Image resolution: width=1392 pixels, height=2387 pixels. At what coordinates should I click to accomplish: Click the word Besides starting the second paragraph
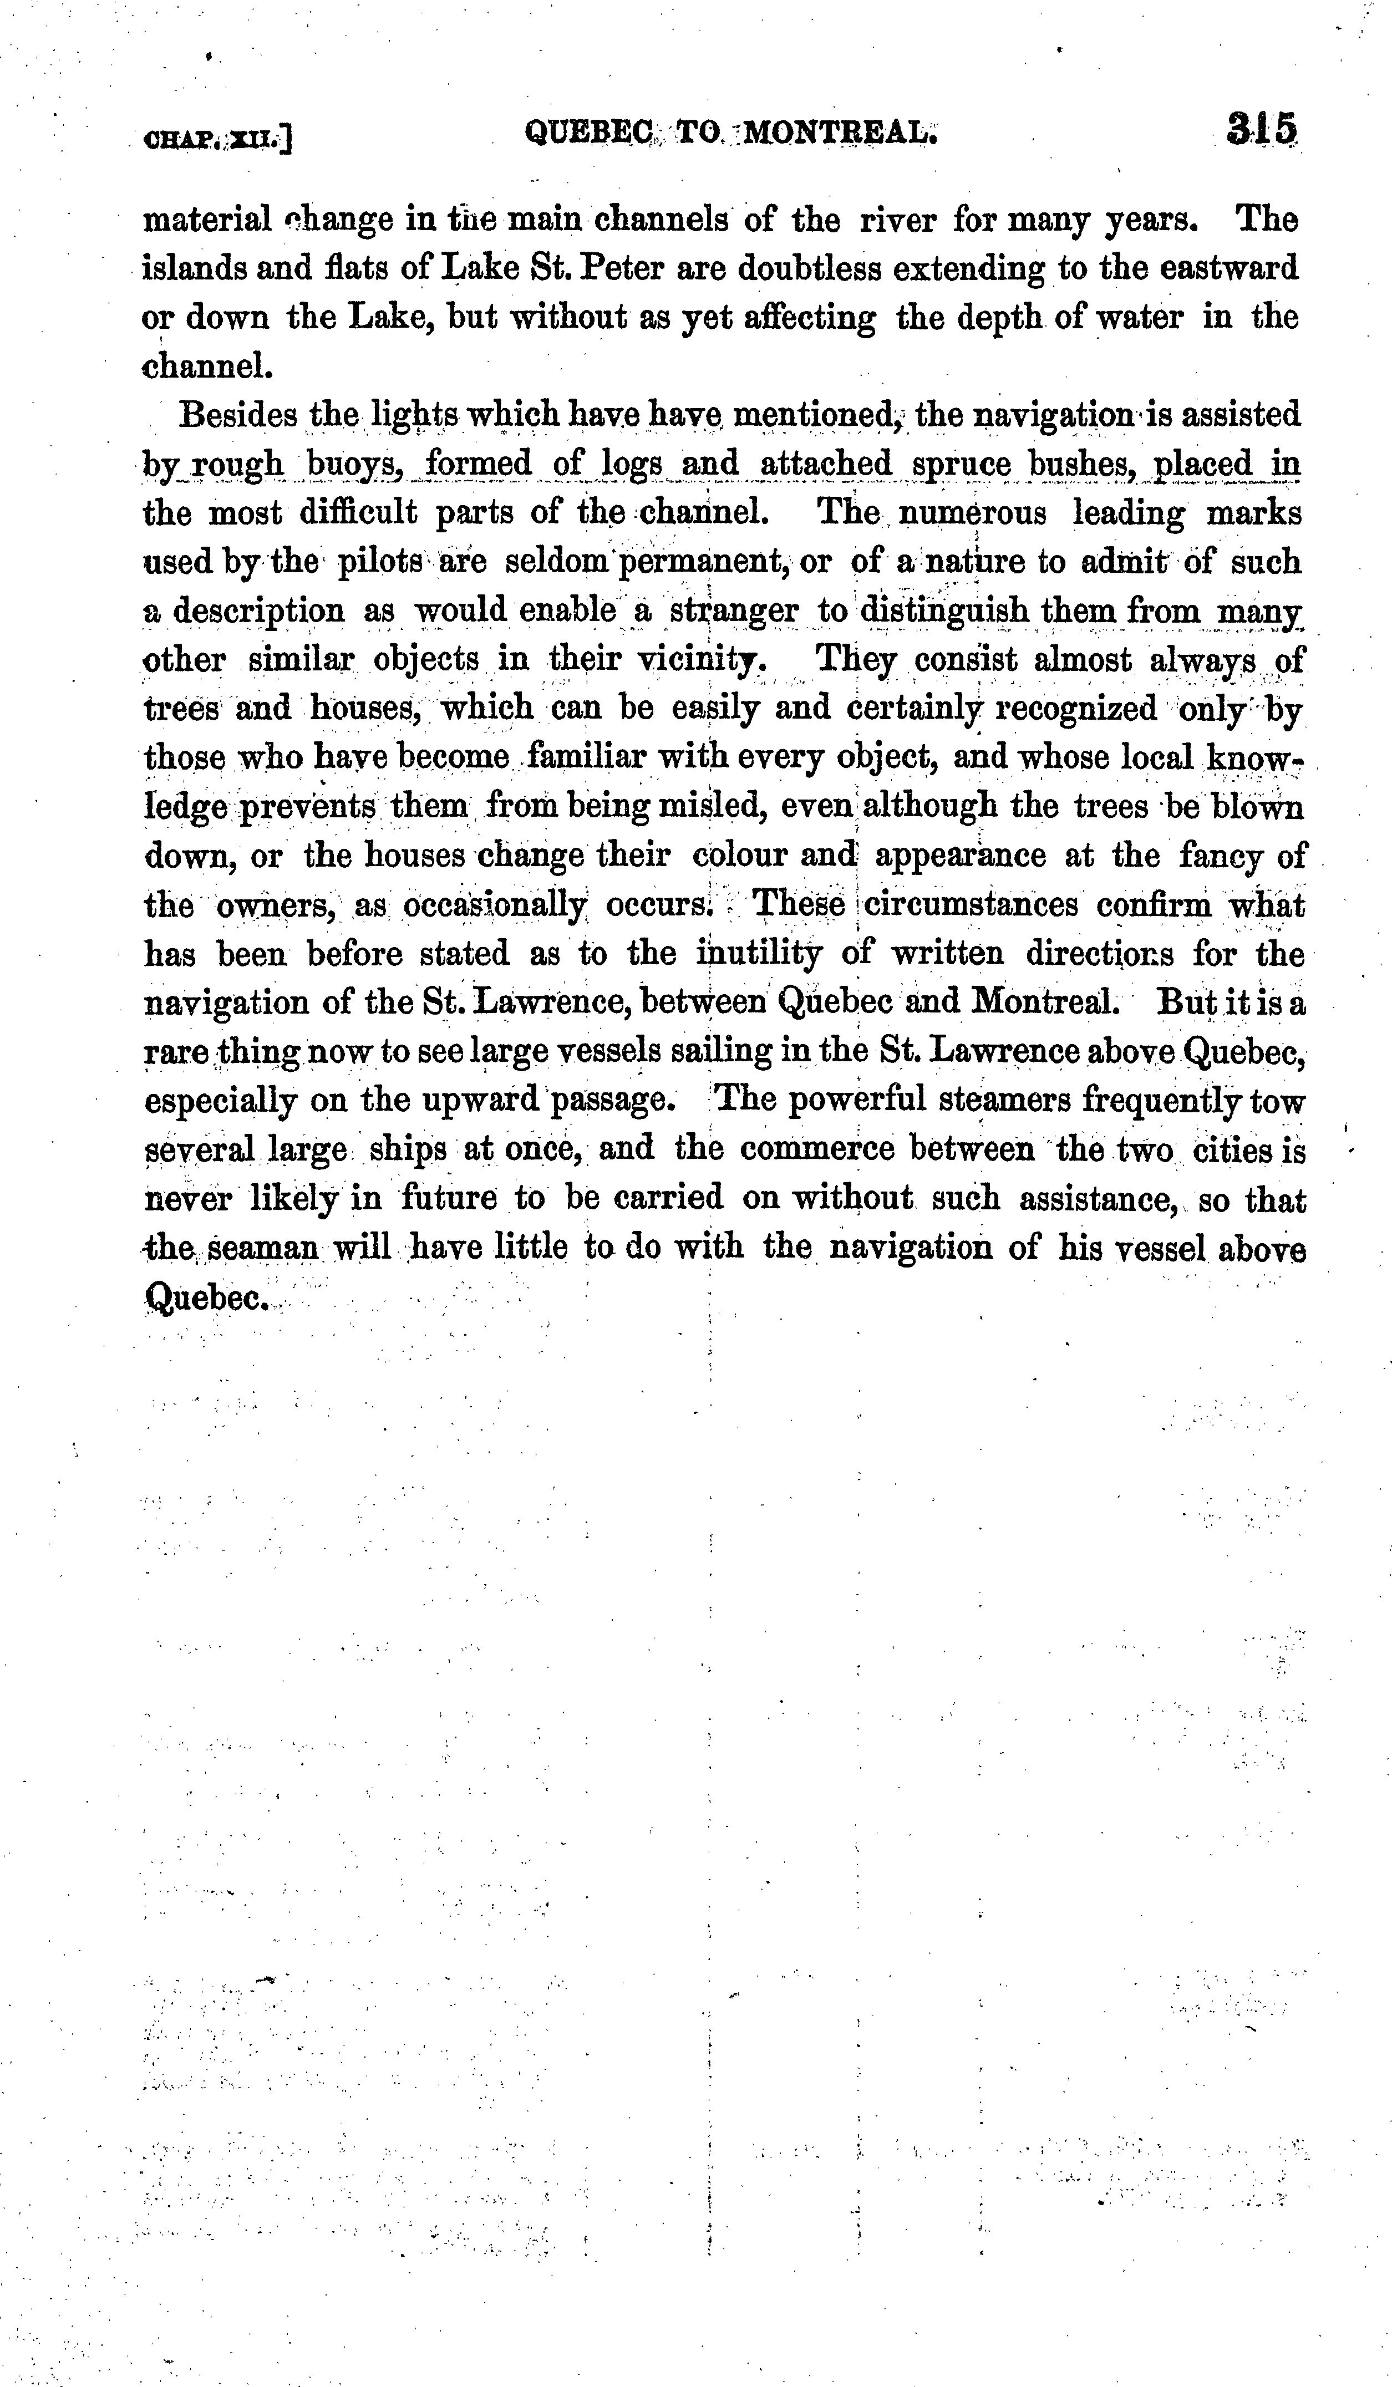tap(239, 415)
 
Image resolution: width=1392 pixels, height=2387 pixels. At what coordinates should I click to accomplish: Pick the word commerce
tap(818, 1149)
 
